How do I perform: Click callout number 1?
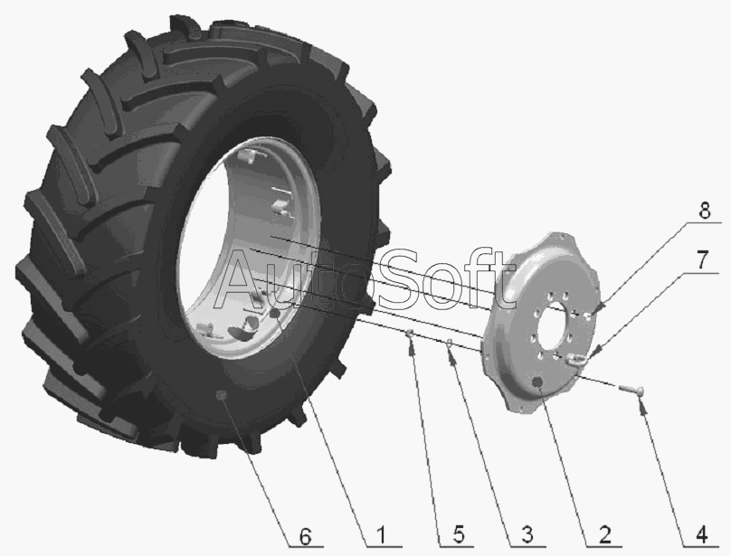(x=380, y=535)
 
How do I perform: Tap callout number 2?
(x=604, y=535)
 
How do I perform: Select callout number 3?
(x=527, y=535)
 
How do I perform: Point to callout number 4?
(x=701, y=535)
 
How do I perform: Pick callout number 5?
(x=459, y=535)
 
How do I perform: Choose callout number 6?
(x=304, y=537)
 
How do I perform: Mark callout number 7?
(x=703, y=259)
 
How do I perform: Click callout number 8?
(x=705, y=211)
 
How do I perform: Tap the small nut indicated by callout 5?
(x=410, y=333)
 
